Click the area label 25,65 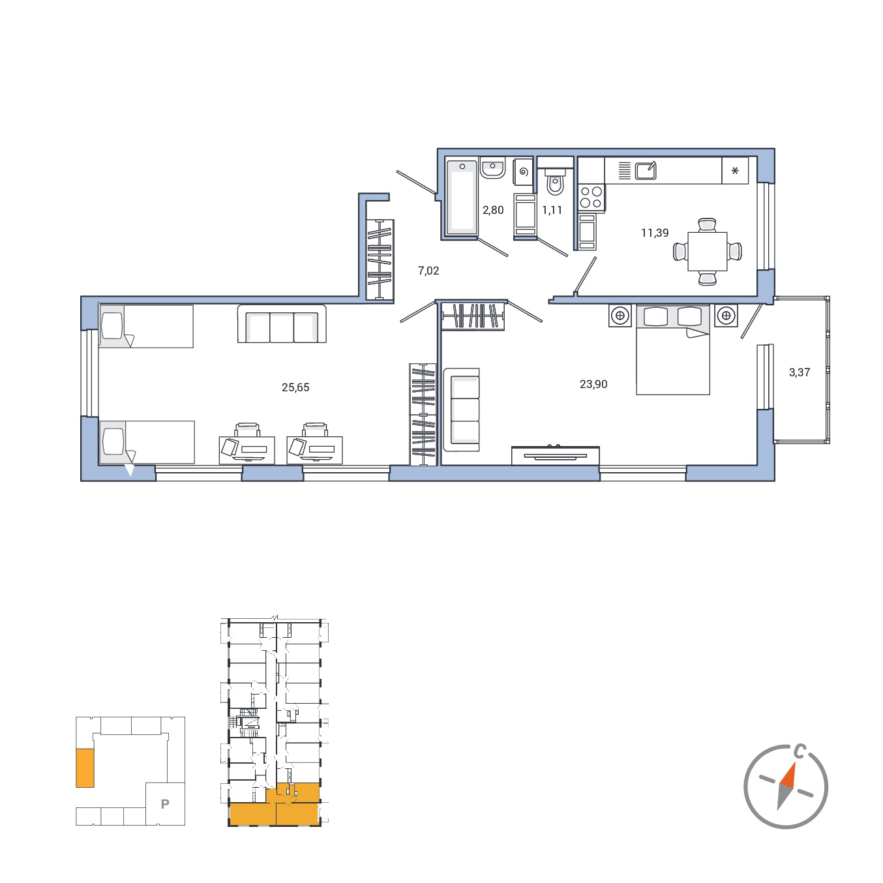point(295,387)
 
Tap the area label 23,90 point(593,384)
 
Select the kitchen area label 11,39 point(654,233)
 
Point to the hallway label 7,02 point(428,271)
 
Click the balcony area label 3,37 point(799,372)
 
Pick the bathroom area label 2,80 point(492,210)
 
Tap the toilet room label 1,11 point(552,210)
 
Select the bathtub point(462,197)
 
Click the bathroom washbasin point(492,168)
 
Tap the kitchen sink point(645,171)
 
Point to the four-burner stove point(591,197)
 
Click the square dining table point(707,252)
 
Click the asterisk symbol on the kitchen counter point(735,171)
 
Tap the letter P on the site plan point(165,803)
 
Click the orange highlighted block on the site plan point(85,768)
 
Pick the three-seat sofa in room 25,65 point(282,324)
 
